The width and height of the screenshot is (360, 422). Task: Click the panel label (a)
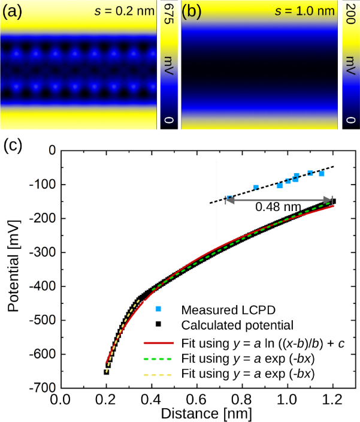(12, 11)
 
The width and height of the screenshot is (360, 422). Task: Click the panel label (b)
(192, 11)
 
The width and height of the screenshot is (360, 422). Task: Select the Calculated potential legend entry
(237, 325)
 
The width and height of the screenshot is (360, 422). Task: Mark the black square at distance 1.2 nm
(332, 201)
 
